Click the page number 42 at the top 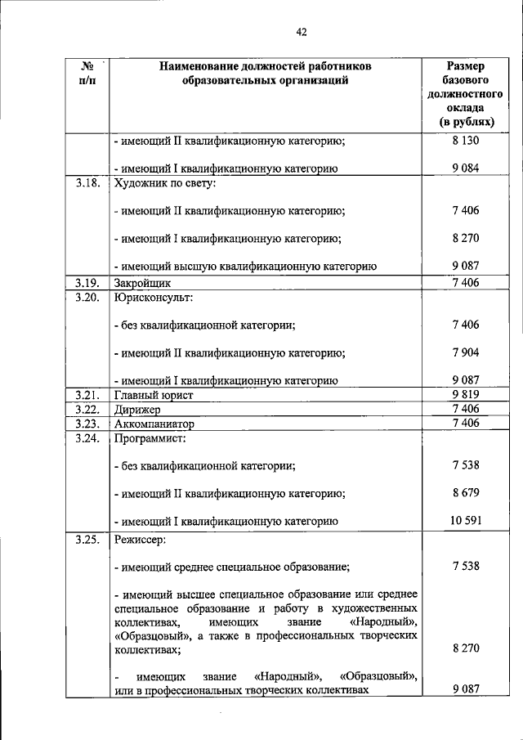click(x=301, y=33)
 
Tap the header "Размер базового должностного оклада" click(x=464, y=93)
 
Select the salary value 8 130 click(x=464, y=141)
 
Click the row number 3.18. click(x=87, y=183)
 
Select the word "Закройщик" click(x=142, y=283)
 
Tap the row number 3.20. click(x=87, y=297)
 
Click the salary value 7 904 click(x=464, y=353)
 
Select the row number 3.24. click(x=87, y=438)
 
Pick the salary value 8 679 click(x=464, y=493)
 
